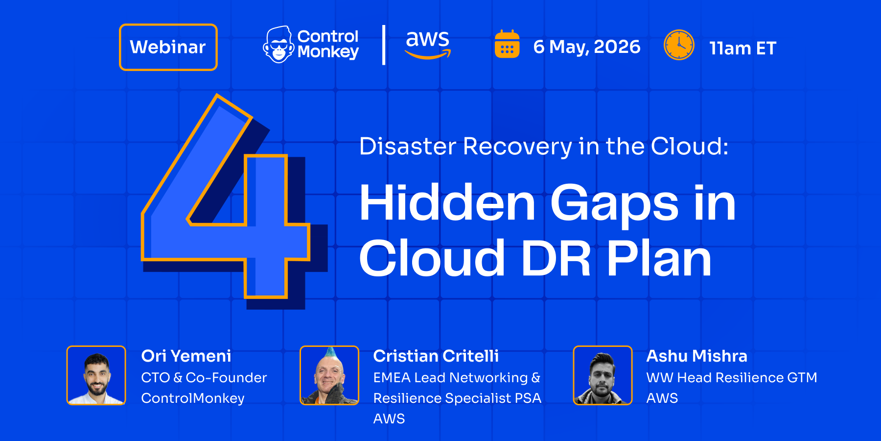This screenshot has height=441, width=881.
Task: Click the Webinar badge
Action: pos(168,47)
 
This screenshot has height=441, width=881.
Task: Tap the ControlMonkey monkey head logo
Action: pos(278,45)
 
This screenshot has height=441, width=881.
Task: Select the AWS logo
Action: pos(428,45)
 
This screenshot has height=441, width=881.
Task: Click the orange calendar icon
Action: pos(507,44)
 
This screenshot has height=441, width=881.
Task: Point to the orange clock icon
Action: pos(679,45)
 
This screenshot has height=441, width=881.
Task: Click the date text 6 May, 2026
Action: pos(587,47)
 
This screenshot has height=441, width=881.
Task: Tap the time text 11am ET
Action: pos(743,48)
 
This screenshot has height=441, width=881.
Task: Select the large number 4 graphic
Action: pos(234,201)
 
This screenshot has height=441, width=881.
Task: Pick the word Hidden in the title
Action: pos(447,202)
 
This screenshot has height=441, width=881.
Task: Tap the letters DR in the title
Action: pos(556,258)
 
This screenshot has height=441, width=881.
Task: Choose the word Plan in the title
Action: pos(659,258)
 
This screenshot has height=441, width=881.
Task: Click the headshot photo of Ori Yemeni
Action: pos(96,375)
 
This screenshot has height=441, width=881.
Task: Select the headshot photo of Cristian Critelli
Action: pos(329,375)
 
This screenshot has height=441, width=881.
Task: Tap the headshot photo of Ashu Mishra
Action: pos(603,375)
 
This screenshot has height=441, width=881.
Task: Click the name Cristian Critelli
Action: pos(436,356)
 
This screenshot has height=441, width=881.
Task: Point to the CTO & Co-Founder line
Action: pos(204,377)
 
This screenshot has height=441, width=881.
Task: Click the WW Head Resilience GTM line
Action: pos(732,377)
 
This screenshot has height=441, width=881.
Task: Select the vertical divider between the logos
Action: pos(384,45)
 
